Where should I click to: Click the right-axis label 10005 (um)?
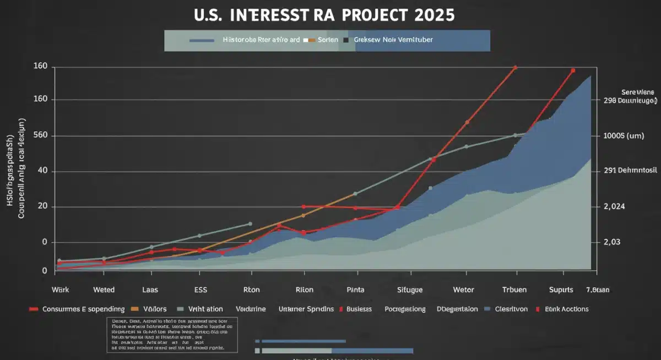tap(624, 136)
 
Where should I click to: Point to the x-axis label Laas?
tap(150, 290)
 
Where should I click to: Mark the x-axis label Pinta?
tap(356, 290)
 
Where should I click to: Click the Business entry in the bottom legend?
tap(359, 309)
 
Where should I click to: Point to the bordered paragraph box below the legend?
tap(172, 335)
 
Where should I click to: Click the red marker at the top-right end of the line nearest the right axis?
tap(573, 70)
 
